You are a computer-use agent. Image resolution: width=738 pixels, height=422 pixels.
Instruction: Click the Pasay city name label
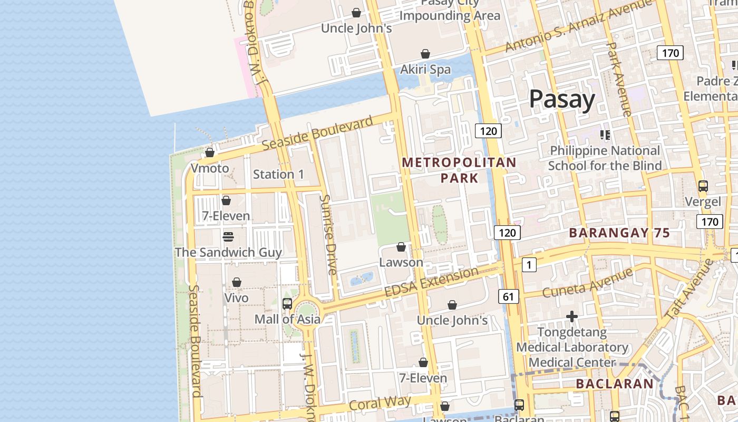click(562, 99)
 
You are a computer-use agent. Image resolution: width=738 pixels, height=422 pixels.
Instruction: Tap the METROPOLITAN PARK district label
click(459, 170)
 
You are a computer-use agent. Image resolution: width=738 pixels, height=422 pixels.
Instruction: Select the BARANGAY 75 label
click(619, 233)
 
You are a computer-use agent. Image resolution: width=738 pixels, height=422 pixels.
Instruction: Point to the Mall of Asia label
click(287, 319)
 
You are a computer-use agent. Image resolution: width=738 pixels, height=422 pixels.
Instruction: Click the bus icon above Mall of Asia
click(287, 304)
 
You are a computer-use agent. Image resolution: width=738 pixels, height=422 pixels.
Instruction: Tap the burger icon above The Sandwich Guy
click(228, 237)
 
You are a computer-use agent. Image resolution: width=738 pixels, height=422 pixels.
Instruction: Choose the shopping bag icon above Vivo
click(237, 283)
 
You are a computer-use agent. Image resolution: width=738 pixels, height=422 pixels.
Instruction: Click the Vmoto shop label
click(210, 168)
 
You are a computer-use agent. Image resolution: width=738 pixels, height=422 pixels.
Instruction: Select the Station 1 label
click(278, 174)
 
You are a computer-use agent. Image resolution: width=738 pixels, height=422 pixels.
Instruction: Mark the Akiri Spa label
click(425, 69)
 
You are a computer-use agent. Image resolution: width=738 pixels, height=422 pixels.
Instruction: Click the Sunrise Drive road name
click(328, 235)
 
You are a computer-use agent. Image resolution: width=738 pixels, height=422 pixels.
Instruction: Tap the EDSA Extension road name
click(431, 282)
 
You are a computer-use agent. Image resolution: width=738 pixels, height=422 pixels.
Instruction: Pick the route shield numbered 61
click(508, 296)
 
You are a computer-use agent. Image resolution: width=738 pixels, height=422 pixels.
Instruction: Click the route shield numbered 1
click(529, 264)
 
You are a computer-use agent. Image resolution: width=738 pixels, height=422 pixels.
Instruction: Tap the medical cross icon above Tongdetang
click(572, 316)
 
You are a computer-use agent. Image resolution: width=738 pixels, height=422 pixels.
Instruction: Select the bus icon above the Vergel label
click(703, 186)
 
